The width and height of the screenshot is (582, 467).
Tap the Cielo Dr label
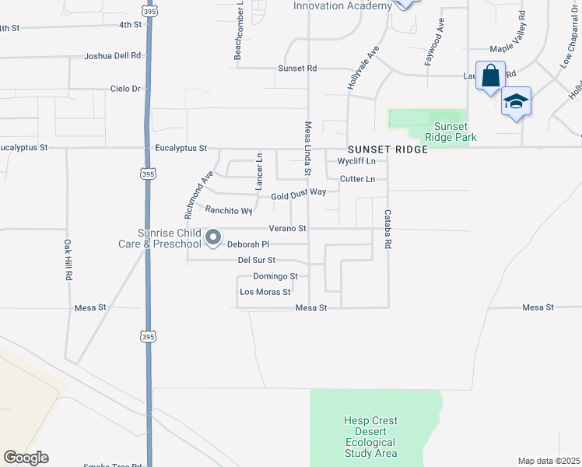click(125, 89)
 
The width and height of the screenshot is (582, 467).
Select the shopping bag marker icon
click(490, 76)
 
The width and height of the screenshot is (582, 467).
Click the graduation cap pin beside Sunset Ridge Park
click(516, 102)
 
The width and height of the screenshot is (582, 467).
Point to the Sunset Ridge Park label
click(451, 132)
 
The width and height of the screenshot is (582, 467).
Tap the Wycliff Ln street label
click(356, 161)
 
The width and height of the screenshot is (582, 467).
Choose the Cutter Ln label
click(357, 179)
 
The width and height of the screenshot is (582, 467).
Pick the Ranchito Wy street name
click(229, 210)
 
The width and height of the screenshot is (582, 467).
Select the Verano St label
click(288, 229)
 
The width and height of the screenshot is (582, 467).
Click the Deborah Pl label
click(247, 244)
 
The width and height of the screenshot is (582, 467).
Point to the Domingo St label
click(275, 276)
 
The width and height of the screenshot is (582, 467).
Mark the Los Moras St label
click(265, 293)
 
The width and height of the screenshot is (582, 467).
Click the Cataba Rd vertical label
click(387, 229)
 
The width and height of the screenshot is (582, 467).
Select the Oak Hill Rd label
click(68, 259)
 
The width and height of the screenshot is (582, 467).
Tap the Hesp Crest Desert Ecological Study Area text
click(370, 437)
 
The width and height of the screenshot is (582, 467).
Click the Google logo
click(26, 458)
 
